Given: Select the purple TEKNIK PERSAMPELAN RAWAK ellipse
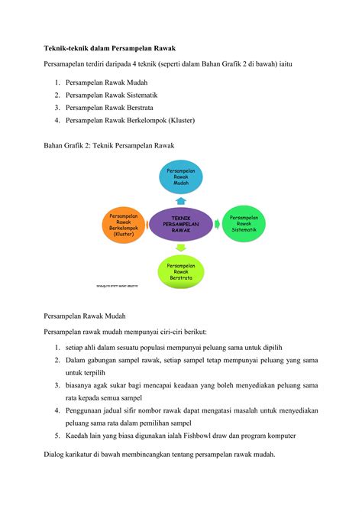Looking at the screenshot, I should tap(181, 224).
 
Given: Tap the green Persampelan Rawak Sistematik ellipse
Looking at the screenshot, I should tap(244, 223).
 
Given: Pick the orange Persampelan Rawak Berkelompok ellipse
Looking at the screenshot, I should tap(124, 224).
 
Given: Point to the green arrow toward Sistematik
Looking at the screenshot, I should tap(217, 224).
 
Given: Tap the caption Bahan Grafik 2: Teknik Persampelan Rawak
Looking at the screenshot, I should tap(109, 145).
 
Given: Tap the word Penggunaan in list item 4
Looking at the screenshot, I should tap(86, 410).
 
